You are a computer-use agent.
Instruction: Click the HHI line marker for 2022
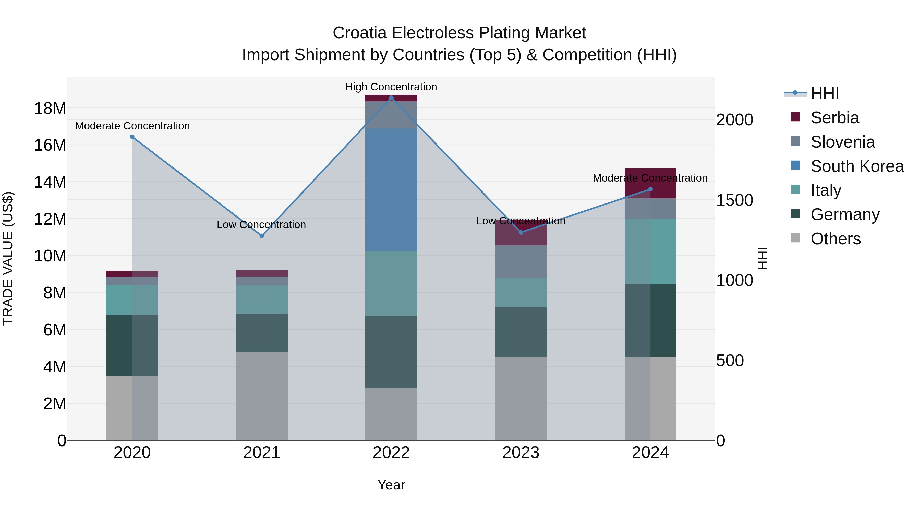pos(391,98)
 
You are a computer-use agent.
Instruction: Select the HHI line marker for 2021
pos(261,236)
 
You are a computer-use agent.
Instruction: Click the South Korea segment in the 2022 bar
pos(391,190)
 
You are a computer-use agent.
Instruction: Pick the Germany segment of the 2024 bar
pos(650,320)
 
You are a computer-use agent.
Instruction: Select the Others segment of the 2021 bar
pos(261,396)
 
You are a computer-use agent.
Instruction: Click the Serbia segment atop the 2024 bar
pos(650,183)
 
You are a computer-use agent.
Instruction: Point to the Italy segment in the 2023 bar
pos(521,293)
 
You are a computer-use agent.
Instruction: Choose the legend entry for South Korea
pos(856,166)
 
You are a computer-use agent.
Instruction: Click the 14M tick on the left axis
pos(50,182)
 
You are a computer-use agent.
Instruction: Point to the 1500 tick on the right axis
pos(734,200)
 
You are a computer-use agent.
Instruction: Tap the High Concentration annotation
pos(391,87)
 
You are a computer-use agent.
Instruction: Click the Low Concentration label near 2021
pos(261,225)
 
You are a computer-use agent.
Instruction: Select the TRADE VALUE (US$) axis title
pos(8,258)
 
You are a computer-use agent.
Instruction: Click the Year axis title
pos(391,485)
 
